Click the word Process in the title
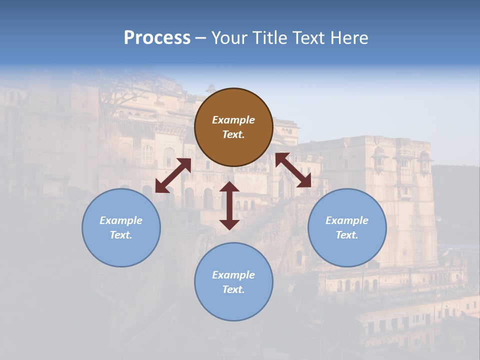point(157,38)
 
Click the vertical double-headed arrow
point(229,205)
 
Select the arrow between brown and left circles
point(173,175)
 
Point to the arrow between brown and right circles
point(293,170)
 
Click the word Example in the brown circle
point(233,120)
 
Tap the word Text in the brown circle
point(233,134)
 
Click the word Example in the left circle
point(121,220)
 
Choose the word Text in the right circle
point(347,235)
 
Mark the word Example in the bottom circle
point(233,275)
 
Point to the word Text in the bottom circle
point(233,289)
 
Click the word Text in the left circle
point(121,235)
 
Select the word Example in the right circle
point(347,220)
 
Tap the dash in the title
point(201,38)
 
